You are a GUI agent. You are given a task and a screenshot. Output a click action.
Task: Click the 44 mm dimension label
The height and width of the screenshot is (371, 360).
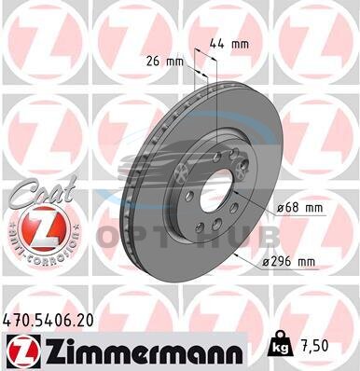click(x=229, y=44)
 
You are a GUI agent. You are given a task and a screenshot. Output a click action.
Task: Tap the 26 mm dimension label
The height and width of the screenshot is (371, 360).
click(x=165, y=62)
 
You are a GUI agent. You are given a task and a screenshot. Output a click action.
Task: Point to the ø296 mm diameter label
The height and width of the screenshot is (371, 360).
click(x=289, y=262)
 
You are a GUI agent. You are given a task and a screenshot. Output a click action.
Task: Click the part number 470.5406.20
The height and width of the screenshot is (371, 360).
click(x=48, y=321)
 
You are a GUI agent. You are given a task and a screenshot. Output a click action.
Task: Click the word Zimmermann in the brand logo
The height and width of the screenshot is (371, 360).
click(x=144, y=352)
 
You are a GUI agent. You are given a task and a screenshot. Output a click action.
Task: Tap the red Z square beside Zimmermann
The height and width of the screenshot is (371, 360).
click(x=24, y=351)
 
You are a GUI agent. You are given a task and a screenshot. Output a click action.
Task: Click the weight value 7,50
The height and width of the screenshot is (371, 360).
click(x=313, y=346)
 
